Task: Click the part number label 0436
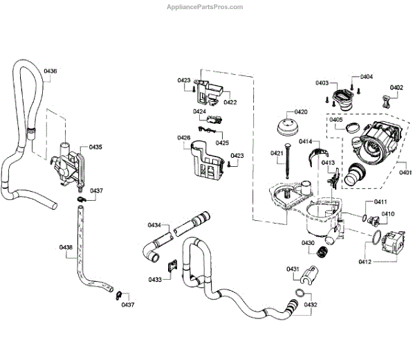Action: click(50, 71)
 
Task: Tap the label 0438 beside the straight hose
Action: click(66, 247)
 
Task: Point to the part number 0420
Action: click(301, 111)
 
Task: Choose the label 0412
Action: click(366, 261)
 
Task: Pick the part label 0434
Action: click(154, 225)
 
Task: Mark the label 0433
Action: click(154, 279)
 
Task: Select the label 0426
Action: click(183, 138)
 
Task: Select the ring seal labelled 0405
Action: click(352, 127)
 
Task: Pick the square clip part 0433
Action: click(172, 264)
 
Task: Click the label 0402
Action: click(396, 88)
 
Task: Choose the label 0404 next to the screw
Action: click(366, 77)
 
